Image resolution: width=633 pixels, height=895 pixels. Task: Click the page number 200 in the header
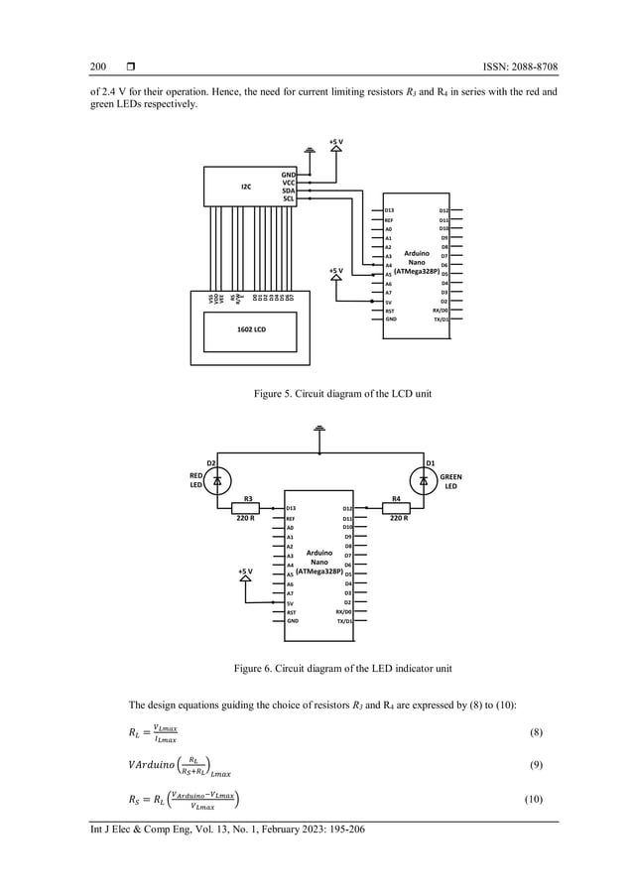(97, 67)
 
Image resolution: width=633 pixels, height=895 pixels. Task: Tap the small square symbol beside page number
(130, 67)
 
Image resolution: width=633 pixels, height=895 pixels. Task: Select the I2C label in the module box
(245, 186)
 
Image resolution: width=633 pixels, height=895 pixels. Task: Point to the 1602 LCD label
(251, 329)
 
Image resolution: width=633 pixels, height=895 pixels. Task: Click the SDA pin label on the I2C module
(288, 191)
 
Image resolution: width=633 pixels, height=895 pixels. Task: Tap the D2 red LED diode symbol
(217, 480)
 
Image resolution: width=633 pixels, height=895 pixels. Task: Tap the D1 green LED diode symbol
(424, 480)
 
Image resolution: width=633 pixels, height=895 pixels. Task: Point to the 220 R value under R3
(246, 519)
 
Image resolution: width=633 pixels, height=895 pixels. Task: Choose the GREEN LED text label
(450, 481)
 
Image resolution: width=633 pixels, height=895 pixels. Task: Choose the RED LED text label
(196, 481)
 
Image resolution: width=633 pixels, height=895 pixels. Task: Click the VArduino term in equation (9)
(149, 766)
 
